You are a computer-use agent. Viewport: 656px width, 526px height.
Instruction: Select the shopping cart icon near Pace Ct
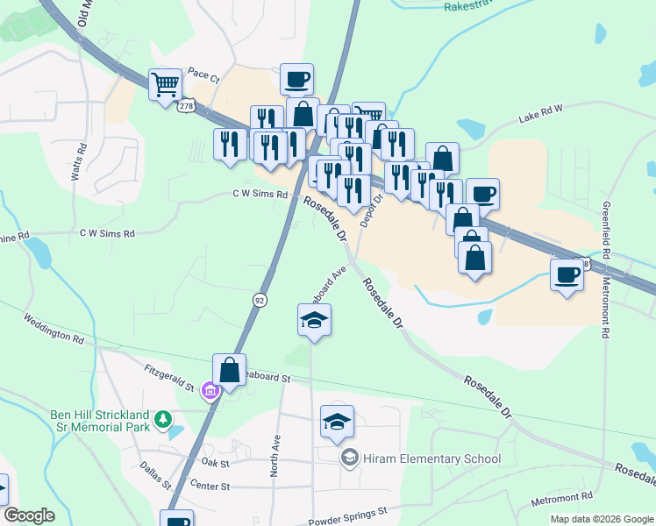coord(165,85)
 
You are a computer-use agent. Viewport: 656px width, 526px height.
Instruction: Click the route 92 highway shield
coord(260,300)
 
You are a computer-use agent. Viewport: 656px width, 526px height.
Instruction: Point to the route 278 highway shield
coord(185,105)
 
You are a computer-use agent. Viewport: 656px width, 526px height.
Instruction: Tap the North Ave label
coord(275,457)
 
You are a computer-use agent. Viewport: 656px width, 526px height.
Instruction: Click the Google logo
coord(29,515)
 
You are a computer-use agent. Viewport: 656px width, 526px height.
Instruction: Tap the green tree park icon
coord(161,421)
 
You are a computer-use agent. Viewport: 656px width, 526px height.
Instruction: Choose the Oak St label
coord(214,462)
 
